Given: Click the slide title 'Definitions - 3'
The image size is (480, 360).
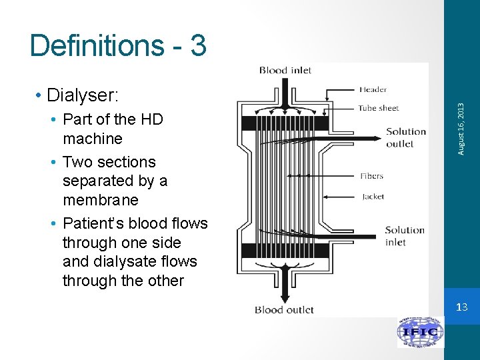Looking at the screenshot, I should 118,46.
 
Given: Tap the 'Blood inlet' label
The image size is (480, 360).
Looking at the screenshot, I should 285,70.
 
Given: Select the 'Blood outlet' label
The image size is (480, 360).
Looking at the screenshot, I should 284,309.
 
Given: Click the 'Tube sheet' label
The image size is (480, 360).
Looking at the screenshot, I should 378,107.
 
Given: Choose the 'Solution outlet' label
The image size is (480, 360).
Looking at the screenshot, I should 405,137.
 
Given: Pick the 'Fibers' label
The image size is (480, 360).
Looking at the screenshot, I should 371,176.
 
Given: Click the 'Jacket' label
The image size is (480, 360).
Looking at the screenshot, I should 373,197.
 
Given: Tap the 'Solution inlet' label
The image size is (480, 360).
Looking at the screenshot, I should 405,236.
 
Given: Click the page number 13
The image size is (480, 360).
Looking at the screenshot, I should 463,307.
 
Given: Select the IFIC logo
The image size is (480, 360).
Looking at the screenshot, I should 421,331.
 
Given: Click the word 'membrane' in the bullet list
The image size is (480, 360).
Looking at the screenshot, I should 100,200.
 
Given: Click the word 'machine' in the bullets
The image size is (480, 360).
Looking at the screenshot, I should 93,139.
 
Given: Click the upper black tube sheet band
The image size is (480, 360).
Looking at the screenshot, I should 285,123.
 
